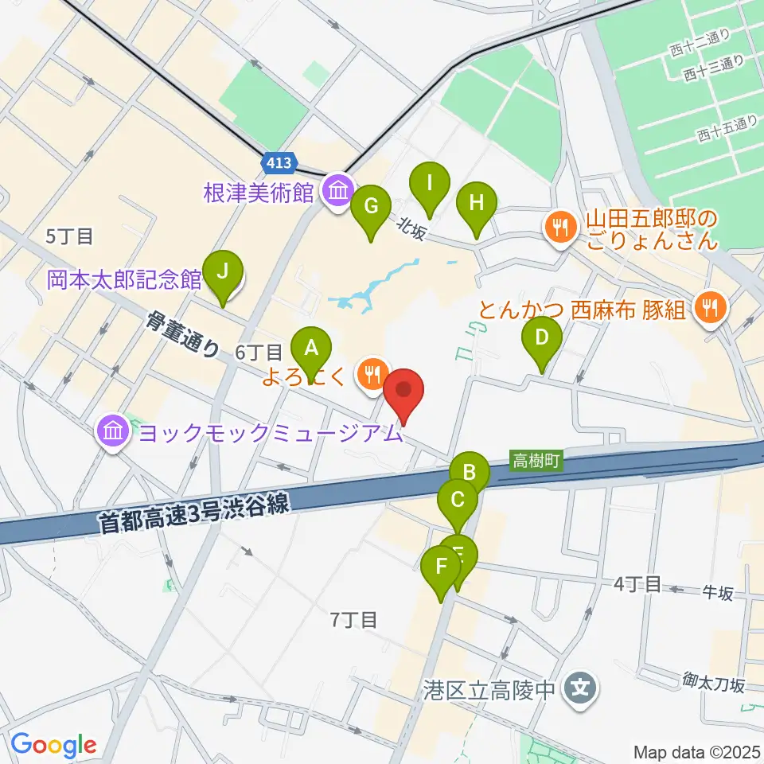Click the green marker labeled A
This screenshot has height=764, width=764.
point(311,348)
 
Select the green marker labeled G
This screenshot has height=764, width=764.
point(371,205)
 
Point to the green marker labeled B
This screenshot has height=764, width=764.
point(470,473)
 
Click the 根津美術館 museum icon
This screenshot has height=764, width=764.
point(338,191)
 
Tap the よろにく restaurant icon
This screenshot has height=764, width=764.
point(372,371)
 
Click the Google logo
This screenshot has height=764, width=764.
point(53,745)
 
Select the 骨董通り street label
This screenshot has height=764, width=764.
point(182,333)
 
